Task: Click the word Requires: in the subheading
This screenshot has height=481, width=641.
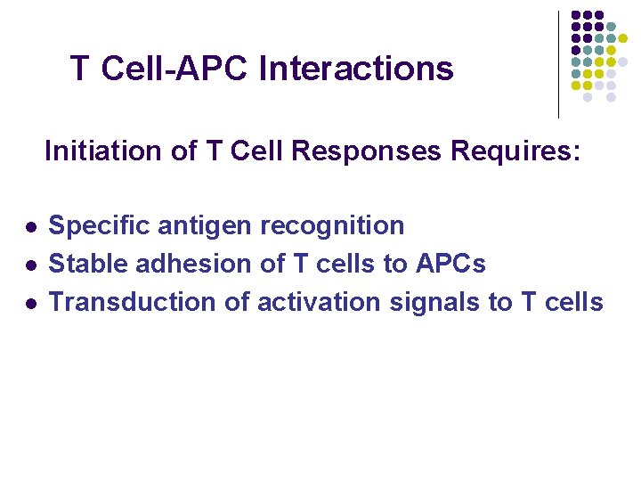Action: (x=515, y=151)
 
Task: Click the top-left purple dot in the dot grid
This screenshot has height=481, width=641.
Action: (x=576, y=15)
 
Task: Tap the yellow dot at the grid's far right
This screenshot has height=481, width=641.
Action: (x=622, y=39)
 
